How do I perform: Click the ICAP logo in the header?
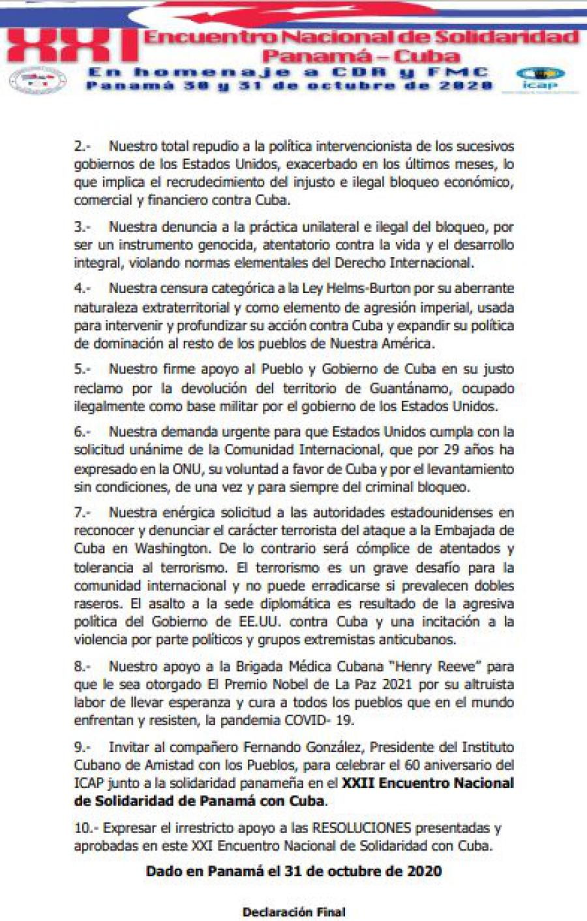coord(539,78)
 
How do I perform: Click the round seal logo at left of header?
coord(38,80)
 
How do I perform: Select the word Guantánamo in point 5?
coord(410,388)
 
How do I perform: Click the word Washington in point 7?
coord(171,549)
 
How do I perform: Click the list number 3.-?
coord(82,227)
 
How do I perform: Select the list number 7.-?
coord(82,512)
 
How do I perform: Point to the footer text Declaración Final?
coord(293,912)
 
